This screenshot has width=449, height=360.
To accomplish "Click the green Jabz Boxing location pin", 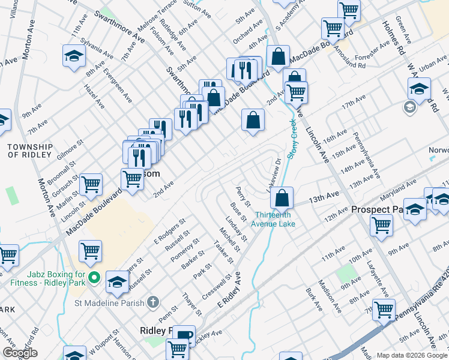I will [x=94, y=277].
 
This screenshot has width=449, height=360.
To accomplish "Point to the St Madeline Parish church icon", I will [x=153, y=301].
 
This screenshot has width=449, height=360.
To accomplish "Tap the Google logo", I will [x=20, y=353].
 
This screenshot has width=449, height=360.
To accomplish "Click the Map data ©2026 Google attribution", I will [x=412, y=355].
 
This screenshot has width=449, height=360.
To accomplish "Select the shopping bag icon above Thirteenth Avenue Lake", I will [x=281, y=196].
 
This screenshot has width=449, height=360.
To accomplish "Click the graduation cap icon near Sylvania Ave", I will [x=74, y=56].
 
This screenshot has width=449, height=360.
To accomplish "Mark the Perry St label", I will [x=243, y=196].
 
